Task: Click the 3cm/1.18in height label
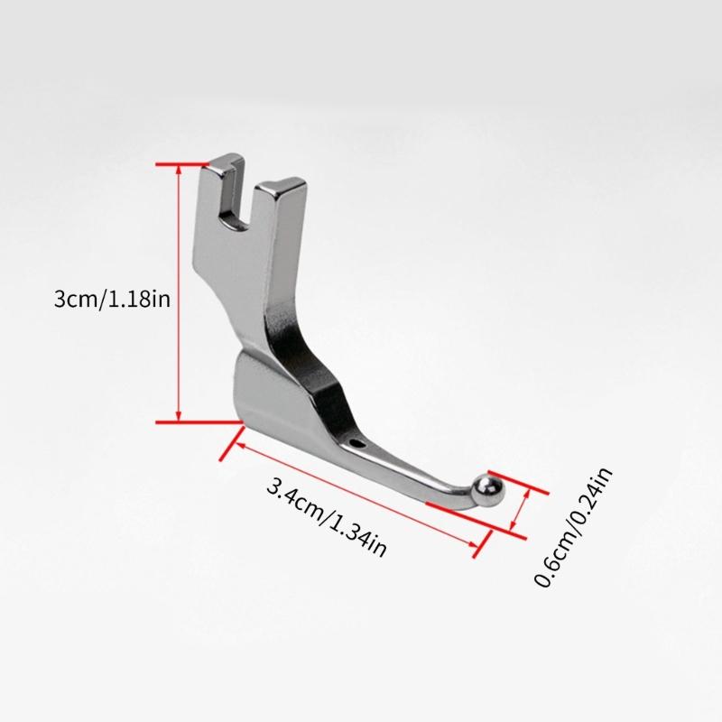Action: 112,300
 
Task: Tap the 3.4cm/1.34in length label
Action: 327,518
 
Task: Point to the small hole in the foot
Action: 356,444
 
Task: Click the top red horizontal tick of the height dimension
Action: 182,164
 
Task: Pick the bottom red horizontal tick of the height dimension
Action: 199,421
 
